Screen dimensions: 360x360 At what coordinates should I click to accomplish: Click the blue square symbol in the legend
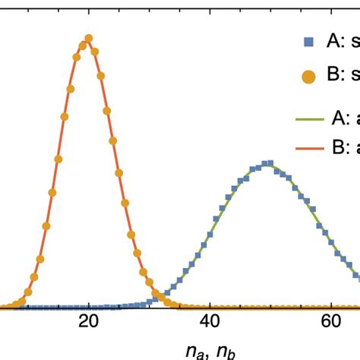tap(308, 43)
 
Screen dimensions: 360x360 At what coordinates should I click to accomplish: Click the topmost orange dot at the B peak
tap(89, 38)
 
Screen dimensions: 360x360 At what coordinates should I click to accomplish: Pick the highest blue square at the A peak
tap(267, 163)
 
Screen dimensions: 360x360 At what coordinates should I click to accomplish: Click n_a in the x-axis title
tap(196, 350)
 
